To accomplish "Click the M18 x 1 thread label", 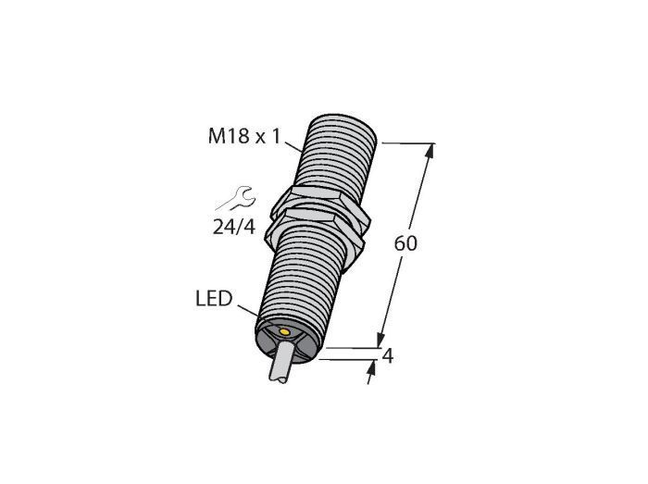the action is tap(244, 136).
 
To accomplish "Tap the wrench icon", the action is tap(236, 199).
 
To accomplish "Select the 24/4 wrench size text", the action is tap(234, 227).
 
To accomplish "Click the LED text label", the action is tap(214, 298).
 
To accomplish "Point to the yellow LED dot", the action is tap(284, 331).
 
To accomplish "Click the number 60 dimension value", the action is tap(405, 243).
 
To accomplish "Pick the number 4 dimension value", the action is tap(387, 356).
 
